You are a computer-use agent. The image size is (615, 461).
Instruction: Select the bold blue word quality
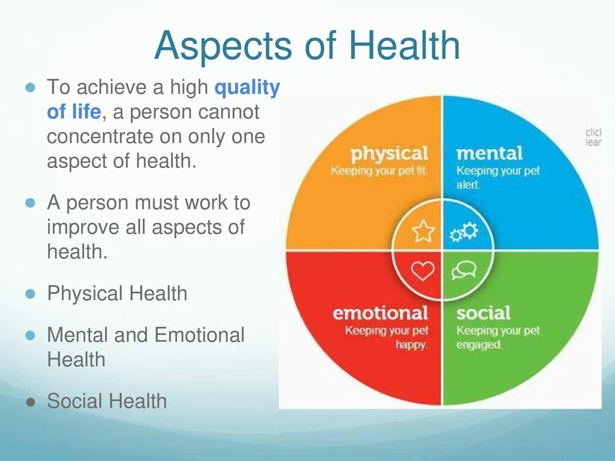coord(247,88)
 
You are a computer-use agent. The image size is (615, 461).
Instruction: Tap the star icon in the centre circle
coord(423,230)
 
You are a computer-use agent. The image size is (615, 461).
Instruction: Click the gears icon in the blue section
coord(464,231)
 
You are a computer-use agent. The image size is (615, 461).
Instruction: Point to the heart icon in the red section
coord(423,271)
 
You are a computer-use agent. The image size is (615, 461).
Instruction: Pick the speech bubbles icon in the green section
coord(464,270)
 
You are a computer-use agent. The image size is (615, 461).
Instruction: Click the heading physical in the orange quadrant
coord(389,154)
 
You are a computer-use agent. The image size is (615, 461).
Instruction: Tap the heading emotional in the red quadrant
coord(380,313)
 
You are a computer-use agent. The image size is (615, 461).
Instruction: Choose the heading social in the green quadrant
coord(483,313)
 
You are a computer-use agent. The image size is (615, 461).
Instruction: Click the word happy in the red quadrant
coord(411,345)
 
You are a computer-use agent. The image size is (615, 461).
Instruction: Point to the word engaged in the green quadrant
coord(479,345)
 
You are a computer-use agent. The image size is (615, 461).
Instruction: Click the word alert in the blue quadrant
coord(468,185)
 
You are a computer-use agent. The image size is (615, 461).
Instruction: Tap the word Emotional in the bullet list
coord(199,335)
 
